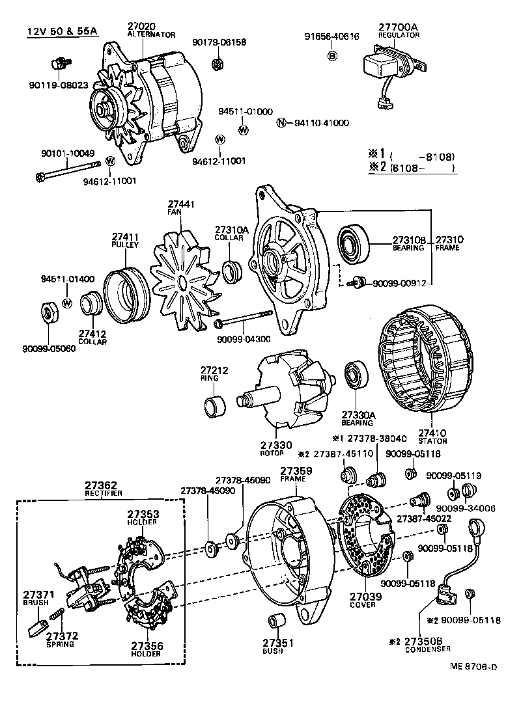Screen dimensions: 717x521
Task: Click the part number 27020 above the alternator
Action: pyautogui.click(x=142, y=27)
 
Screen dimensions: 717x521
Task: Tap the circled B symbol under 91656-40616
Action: pyautogui.click(x=331, y=56)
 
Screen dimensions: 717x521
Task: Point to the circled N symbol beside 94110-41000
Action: pyautogui.click(x=281, y=123)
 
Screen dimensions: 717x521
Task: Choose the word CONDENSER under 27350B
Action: pyautogui.click(x=428, y=649)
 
